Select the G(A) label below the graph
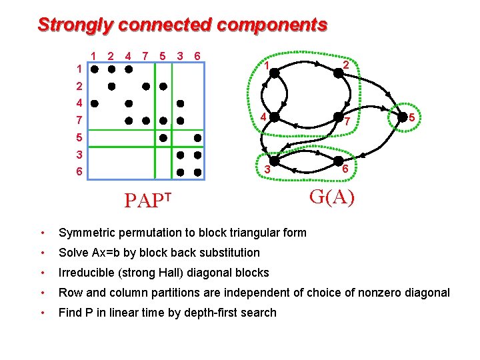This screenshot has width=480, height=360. click(331, 197)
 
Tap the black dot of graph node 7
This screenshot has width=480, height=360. click(338, 116)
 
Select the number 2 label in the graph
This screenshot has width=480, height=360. click(346, 65)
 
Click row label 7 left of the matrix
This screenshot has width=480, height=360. click(79, 121)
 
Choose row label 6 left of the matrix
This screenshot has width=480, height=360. click(79, 172)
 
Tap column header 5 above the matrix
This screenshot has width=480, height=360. click(163, 56)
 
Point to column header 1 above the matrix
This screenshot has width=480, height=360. click(95, 56)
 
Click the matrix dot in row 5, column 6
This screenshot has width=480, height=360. click(197, 137)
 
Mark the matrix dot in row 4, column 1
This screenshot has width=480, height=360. click(95, 103)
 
